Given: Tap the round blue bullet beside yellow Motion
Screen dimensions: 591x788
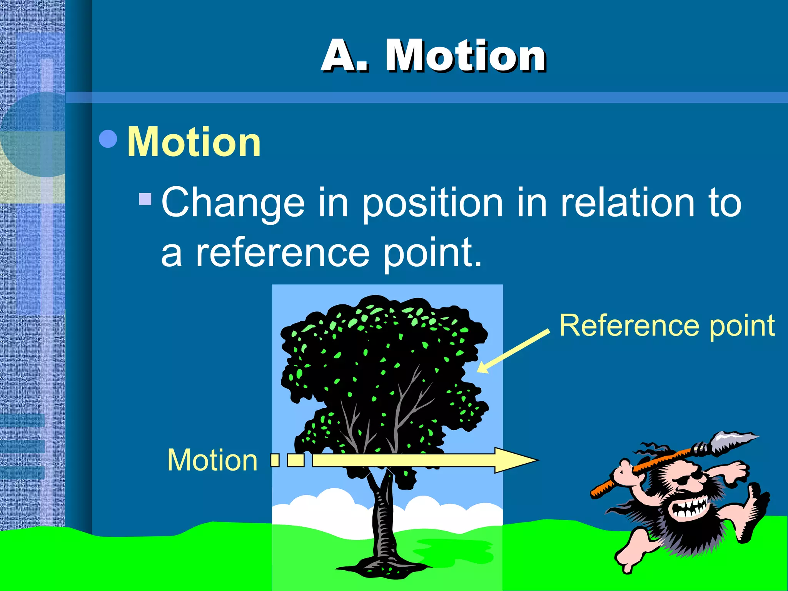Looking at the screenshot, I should click(x=108, y=139).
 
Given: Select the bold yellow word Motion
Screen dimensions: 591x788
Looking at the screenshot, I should click(x=194, y=142).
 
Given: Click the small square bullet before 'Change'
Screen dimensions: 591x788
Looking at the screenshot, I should click(x=145, y=199).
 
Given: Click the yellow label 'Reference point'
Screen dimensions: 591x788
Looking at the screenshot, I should click(x=667, y=325).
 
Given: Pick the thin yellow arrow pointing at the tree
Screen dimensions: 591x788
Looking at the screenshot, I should click(x=514, y=351).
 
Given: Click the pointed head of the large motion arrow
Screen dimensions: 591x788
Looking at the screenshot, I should click(x=516, y=460).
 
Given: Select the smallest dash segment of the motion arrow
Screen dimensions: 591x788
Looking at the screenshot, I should click(x=275, y=460).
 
